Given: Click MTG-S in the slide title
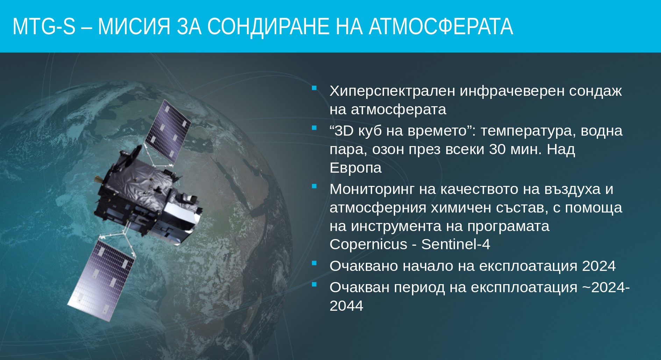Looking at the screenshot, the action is click(x=44, y=27).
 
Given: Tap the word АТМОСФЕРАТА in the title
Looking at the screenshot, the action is click(x=441, y=27).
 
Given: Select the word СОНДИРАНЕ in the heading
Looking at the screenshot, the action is click(x=268, y=27).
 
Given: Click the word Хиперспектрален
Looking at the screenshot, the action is click(x=392, y=91).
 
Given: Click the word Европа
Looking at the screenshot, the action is click(x=356, y=168).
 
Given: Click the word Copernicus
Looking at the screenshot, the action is click(x=369, y=244).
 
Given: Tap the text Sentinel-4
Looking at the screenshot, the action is click(x=456, y=244).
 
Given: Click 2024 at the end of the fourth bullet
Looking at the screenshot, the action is click(x=599, y=266).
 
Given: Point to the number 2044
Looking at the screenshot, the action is click(x=347, y=306).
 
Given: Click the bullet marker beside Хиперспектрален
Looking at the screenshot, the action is click(x=314, y=88).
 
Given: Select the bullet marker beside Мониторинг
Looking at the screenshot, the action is click(x=314, y=186).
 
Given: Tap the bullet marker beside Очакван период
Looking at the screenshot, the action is click(x=314, y=284).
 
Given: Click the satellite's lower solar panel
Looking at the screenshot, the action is click(x=101, y=280).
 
